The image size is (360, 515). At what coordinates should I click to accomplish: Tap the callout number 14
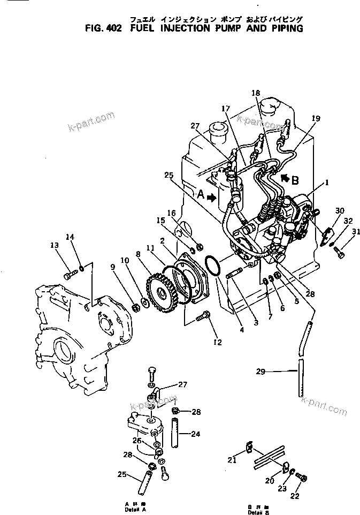pyautogui.click(x=70, y=237)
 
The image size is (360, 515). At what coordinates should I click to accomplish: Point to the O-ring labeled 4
pyautogui.click(x=212, y=266)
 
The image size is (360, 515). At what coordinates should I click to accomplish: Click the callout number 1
pyautogui.click(x=326, y=182)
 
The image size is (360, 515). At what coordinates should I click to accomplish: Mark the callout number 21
pyautogui.click(x=232, y=460)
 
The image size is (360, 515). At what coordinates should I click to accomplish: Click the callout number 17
pyautogui.click(x=227, y=109)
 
